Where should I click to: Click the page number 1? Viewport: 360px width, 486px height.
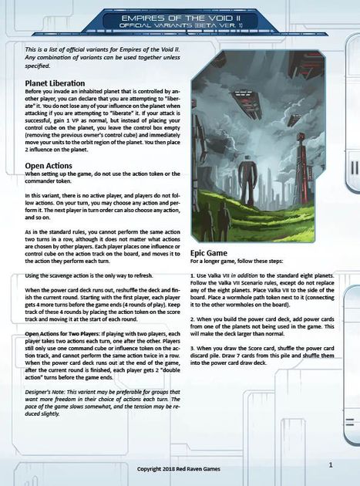click(x=330, y=464)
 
